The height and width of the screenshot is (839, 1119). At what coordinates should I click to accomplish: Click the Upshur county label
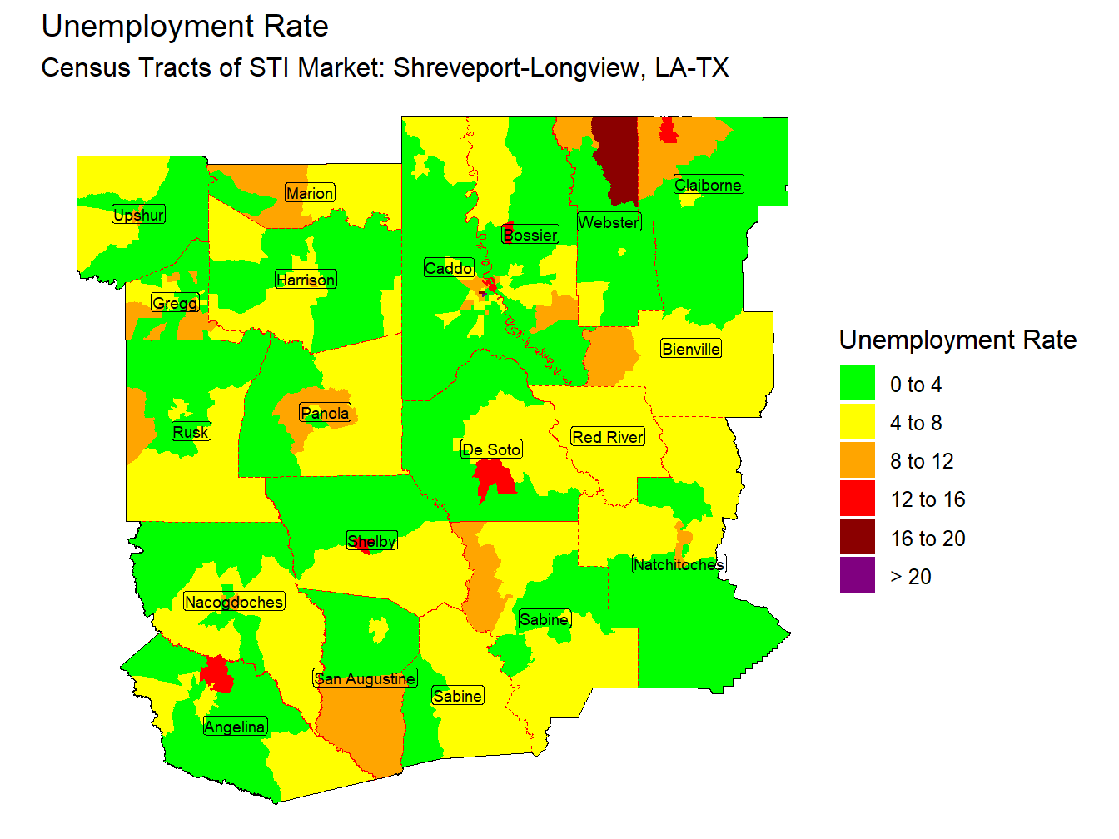tap(139, 215)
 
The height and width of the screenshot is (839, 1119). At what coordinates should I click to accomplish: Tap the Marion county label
tap(310, 193)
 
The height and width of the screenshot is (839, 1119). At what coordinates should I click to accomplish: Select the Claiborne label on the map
tap(708, 185)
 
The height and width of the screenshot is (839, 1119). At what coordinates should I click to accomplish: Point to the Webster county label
tap(609, 222)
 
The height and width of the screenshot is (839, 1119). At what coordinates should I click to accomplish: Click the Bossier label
tap(530, 235)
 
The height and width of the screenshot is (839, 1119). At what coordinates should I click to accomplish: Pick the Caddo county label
tap(449, 268)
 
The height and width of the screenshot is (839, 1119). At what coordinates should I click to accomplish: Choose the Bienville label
tap(691, 349)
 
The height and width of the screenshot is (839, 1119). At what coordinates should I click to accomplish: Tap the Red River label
tap(608, 437)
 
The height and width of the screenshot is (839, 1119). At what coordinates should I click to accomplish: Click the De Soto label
tap(491, 449)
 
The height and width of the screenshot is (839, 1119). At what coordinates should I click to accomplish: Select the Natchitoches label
tap(679, 564)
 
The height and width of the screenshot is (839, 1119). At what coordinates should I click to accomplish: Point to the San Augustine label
tap(365, 678)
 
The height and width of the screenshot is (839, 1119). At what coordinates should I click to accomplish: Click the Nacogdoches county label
tap(234, 602)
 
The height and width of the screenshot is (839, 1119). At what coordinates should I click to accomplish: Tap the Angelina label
tap(235, 727)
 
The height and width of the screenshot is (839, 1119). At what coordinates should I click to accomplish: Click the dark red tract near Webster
tap(616, 158)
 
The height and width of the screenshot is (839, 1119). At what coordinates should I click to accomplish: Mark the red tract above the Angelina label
tap(218, 674)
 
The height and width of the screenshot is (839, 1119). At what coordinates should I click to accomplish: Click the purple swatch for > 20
tap(858, 576)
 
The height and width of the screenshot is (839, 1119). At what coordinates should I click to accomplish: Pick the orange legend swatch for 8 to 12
tap(858, 461)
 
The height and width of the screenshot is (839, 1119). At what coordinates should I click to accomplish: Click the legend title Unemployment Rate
tap(957, 340)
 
